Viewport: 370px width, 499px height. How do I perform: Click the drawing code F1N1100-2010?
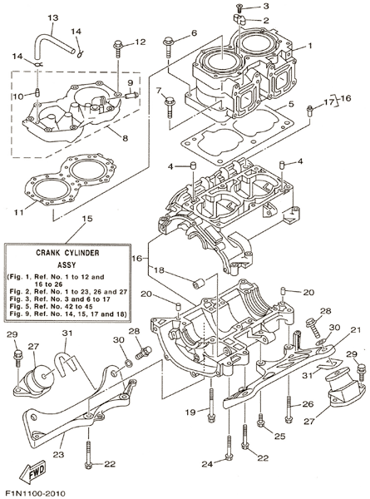(34, 493)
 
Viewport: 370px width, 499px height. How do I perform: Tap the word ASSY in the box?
(67, 264)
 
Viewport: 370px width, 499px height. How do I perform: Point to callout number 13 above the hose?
(53, 17)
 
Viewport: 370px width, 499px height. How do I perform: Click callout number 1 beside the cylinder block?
(310, 46)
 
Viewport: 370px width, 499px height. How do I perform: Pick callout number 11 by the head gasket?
(19, 212)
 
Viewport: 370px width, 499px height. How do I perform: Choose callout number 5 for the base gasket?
(291, 104)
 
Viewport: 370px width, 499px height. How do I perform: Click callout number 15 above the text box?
(87, 219)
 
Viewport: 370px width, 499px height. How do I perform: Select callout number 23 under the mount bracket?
(58, 455)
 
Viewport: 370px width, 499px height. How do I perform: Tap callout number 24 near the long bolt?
(207, 464)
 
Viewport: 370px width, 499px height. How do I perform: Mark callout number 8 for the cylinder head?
(125, 138)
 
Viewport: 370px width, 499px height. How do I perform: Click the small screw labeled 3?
(239, 6)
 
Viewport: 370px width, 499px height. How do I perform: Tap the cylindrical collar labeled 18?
(200, 284)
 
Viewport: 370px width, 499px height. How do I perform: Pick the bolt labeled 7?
(169, 107)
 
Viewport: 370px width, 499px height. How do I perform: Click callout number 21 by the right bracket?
(356, 329)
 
